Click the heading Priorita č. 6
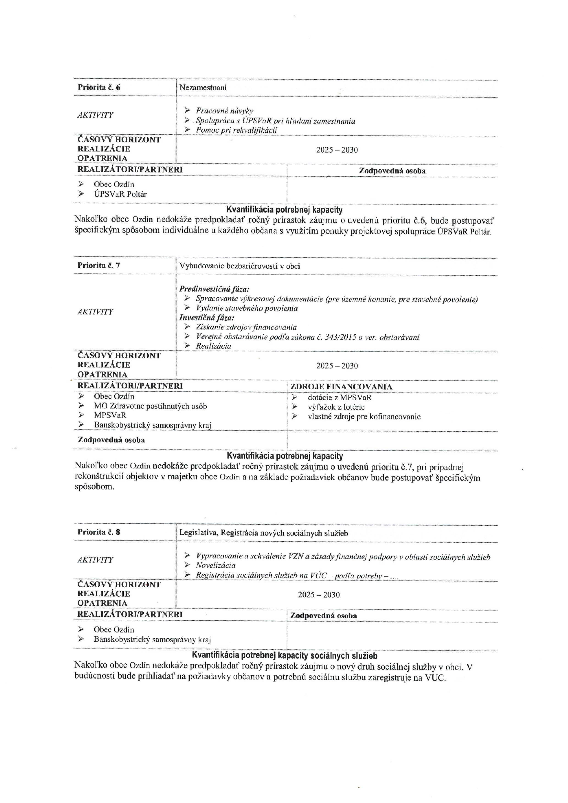(99, 88)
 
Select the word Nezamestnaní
(203, 88)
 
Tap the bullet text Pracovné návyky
(224, 111)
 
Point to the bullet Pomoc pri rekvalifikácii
(236, 130)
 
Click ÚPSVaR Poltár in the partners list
(120, 194)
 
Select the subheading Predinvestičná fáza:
(214, 289)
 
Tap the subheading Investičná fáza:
(207, 318)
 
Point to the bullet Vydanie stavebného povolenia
(247, 308)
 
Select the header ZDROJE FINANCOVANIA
(341, 387)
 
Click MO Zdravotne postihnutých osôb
(150, 406)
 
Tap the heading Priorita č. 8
(99, 532)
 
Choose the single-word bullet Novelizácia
(216, 565)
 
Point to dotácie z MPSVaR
(340, 397)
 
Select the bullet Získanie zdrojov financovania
(246, 327)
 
